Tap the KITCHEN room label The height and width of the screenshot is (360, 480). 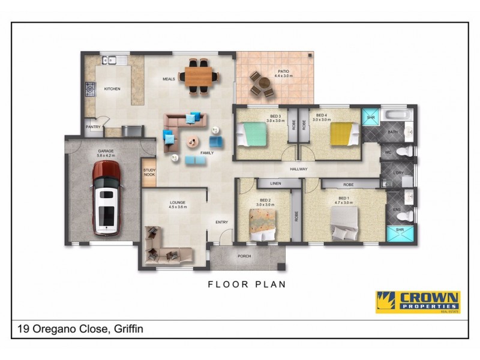[112, 89]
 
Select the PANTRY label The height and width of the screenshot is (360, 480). [93, 127]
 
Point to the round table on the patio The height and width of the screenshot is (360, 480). [262, 85]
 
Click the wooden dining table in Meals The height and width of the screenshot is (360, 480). [200, 76]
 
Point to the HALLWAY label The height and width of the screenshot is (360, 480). [298, 169]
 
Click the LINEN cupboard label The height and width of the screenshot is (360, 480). [275, 182]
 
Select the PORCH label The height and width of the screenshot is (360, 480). [244, 256]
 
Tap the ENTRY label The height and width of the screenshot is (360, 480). [221, 223]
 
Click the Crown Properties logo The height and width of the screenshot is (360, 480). [418, 302]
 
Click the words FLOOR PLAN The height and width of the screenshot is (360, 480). [247, 284]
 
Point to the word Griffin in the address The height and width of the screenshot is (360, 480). [127, 329]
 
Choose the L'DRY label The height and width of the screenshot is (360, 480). [398, 173]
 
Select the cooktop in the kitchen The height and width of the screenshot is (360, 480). [90, 89]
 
